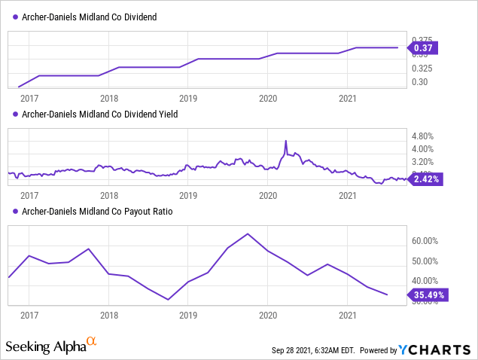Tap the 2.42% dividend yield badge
tap(425, 179)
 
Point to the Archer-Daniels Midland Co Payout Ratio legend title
tap(98, 212)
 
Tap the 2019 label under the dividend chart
tap(189, 98)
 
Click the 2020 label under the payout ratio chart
tap(268, 315)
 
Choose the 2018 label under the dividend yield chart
tap(109, 195)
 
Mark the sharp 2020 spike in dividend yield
tap(286, 141)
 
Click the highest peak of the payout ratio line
tap(248, 233)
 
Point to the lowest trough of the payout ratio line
tap(168, 300)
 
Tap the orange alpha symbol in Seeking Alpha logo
tap(91, 342)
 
